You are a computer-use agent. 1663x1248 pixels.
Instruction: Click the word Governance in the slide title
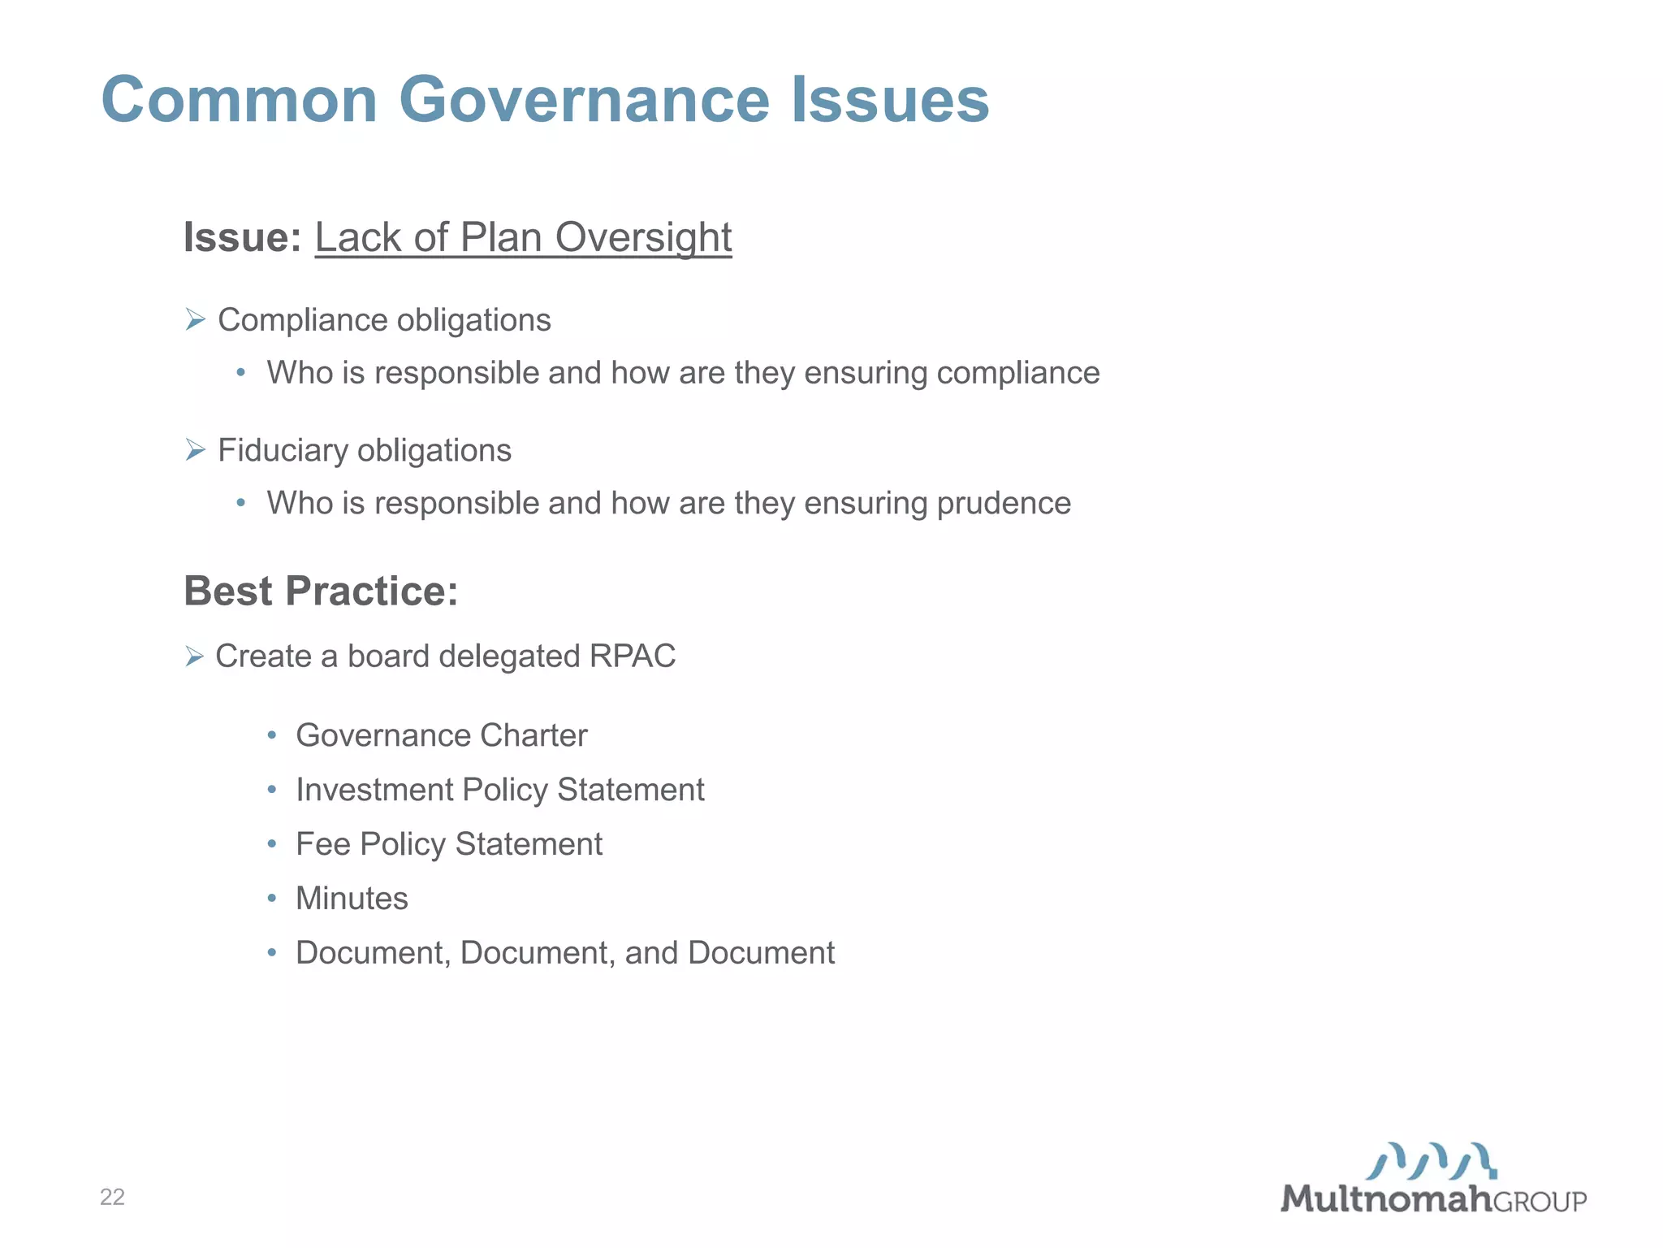pyautogui.click(x=584, y=100)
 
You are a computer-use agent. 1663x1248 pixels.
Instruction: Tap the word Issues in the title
pyautogui.click(x=890, y=100)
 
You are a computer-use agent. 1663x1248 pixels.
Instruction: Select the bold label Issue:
pyautogui.click(x=242, y=237)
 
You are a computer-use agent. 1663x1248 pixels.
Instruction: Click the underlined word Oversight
pyautogui.click(x=643, y=237)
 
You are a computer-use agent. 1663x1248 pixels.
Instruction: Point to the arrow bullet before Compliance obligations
pyautogui.click(x=195, y=319)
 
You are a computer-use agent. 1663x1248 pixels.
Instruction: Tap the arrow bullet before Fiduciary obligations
pyautogui.click(x=195, y=449)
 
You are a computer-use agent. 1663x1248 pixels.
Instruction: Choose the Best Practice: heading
pyautogui.click(x=321, y=591)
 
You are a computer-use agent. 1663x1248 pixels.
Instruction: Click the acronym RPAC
pyautogui.click(x=633, y=656)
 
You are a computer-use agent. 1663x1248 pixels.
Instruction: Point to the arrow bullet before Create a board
pyautogui.click(x=194, y=656)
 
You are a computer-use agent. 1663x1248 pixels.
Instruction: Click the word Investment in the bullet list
pyautogui.click(x=374, y=790)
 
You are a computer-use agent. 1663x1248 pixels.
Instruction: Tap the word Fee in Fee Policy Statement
pyautogui.click(x=322, y=844)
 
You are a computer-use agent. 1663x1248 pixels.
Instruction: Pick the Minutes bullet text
pyautogui.click(x=352, y=899)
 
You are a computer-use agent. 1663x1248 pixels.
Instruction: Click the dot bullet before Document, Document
pyautogui.click(x=272, y=952)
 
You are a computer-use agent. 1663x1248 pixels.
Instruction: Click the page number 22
pyautogui.click(x=112, y=1197)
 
